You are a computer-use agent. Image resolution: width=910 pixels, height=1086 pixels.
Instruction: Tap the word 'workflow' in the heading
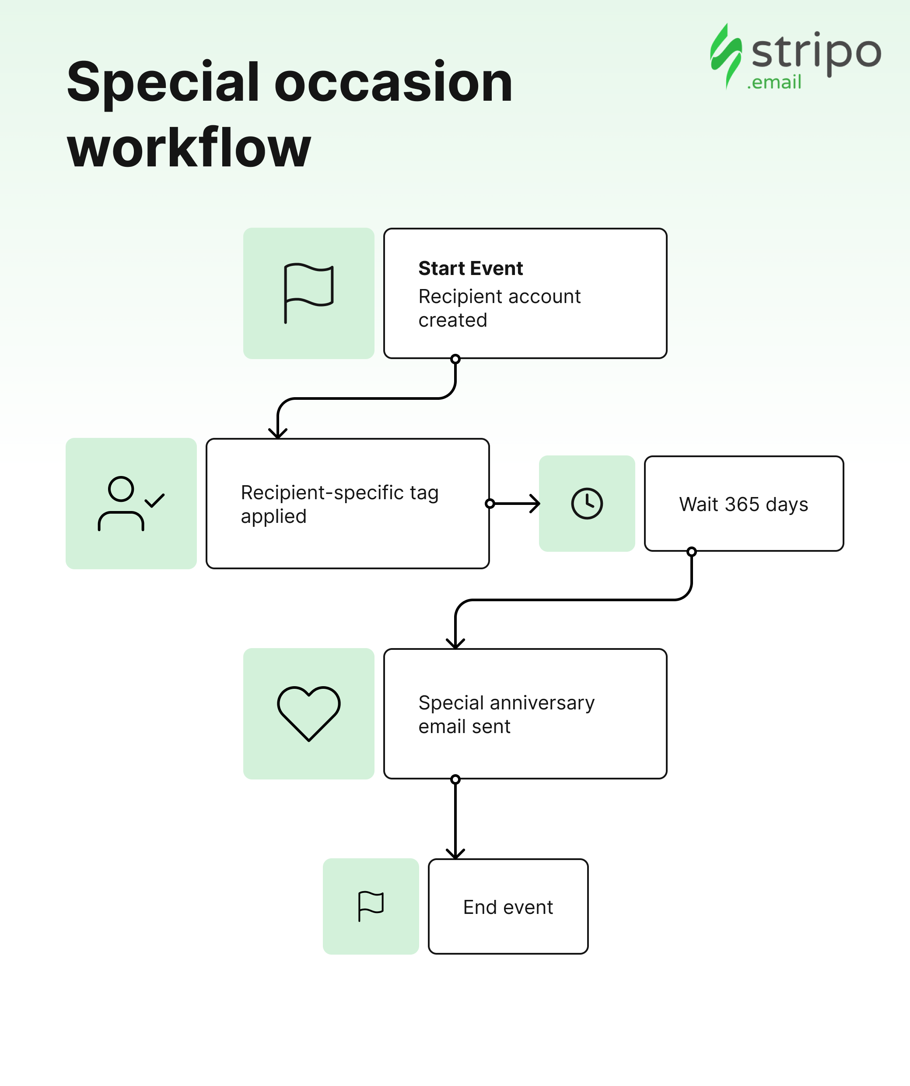(x=189, y=148)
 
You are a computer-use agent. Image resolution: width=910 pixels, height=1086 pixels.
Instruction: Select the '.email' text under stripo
(x=774, y=82)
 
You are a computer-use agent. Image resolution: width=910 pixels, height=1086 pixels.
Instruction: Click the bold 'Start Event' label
(x=471, y=268)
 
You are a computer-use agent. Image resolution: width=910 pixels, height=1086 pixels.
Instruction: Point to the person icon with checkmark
(x=131, y=503)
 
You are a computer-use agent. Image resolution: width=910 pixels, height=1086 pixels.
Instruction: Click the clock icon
(x=587, y=503)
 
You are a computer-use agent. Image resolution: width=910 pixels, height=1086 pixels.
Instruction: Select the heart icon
(x=309, y=714)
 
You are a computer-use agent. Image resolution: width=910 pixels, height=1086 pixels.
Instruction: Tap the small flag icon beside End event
(x=371, y=906)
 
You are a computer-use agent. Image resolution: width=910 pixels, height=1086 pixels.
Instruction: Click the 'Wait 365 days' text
(x=744, y=504)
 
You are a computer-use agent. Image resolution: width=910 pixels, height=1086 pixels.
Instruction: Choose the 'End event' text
(x=508, y=907)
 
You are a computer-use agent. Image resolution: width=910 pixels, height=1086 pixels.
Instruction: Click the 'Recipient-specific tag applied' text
(x=339, y=504)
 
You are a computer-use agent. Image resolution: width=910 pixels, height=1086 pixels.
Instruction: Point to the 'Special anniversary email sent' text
(x=507, y=714)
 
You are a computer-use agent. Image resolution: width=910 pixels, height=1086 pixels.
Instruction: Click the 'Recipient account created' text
(x=499, y=308)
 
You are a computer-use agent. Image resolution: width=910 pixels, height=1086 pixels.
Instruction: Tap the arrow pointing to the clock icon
(x=514, y=503)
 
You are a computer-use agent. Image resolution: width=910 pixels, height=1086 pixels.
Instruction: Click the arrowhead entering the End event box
(x=455, y=853)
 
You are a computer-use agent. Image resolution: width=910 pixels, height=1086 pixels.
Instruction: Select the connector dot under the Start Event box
(x=455, y=359)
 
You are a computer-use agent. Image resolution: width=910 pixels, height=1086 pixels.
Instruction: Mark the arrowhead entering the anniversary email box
(x=455, y=643)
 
